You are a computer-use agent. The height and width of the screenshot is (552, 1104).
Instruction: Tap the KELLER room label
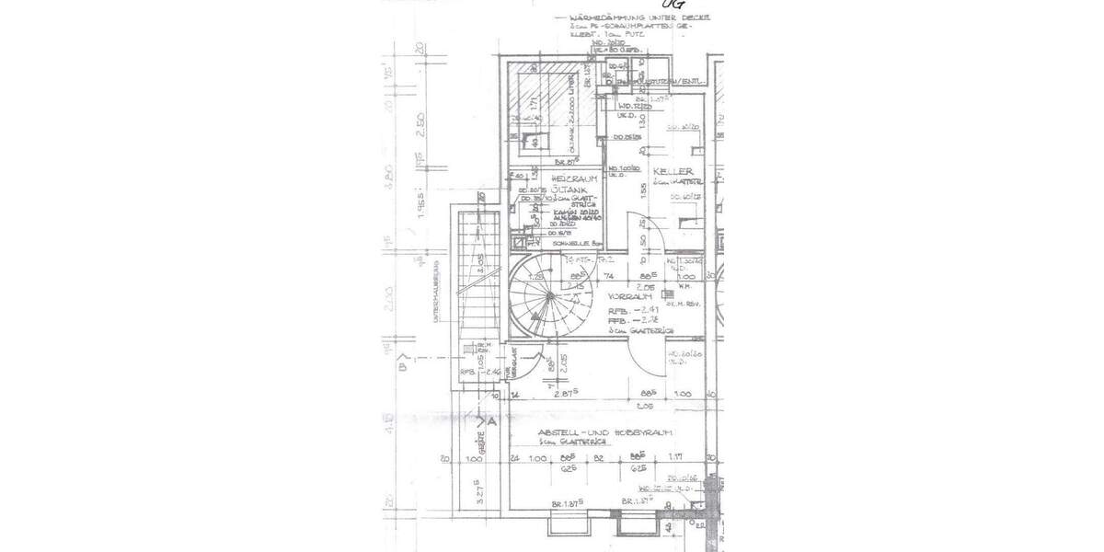[x=673, y=172]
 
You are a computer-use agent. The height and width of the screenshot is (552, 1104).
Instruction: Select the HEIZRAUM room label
[x=575, y=178]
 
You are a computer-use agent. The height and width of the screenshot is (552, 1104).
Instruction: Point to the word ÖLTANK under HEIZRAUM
[x=570, y=190]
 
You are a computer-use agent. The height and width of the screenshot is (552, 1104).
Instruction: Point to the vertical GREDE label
[x=478, y=445]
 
